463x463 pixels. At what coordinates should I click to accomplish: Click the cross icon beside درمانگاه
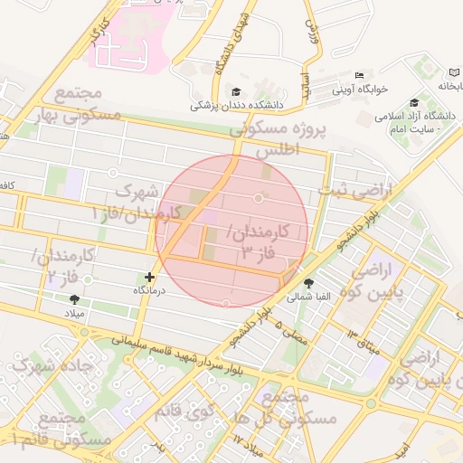[x=150, y=277]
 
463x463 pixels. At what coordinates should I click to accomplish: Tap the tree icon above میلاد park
[x=74, y=298]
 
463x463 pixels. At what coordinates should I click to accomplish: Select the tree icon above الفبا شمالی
[x=309, y=283]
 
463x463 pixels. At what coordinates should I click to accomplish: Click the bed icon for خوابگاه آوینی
[x=359, y=75]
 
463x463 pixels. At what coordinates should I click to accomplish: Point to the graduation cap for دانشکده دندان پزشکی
[x=237, y=91]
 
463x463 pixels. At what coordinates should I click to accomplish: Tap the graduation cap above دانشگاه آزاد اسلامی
[x=414, y=102]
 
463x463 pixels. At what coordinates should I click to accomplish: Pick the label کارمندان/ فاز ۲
[x=64, y=263]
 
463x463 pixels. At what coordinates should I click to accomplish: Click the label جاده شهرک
[x=42, y=367]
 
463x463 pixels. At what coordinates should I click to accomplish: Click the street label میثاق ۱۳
[x=344, y=338]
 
